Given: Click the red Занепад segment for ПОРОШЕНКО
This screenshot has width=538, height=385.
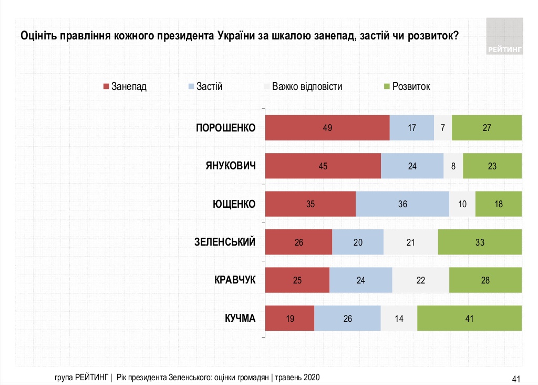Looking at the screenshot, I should (327, 128).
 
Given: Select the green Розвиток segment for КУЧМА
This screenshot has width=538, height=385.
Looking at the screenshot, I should (469, 318).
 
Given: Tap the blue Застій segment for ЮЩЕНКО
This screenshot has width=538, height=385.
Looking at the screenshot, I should (402, 204).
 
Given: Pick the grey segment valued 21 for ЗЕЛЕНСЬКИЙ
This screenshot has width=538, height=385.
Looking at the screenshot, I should (410, 242).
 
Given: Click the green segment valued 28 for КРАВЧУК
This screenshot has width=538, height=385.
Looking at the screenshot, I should (485, 280).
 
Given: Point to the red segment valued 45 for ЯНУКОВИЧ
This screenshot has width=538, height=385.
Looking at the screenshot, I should (323, 166).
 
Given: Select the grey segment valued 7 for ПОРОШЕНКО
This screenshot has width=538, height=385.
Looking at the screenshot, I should (442, 128).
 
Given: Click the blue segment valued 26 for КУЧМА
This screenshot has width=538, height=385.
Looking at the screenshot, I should (347, 318).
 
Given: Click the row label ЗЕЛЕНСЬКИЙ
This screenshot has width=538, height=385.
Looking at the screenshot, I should (224, 242).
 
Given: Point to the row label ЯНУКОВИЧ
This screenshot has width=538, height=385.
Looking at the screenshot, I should (230, 166).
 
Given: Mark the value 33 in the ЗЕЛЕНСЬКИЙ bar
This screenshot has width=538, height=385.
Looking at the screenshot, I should (479, 242).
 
